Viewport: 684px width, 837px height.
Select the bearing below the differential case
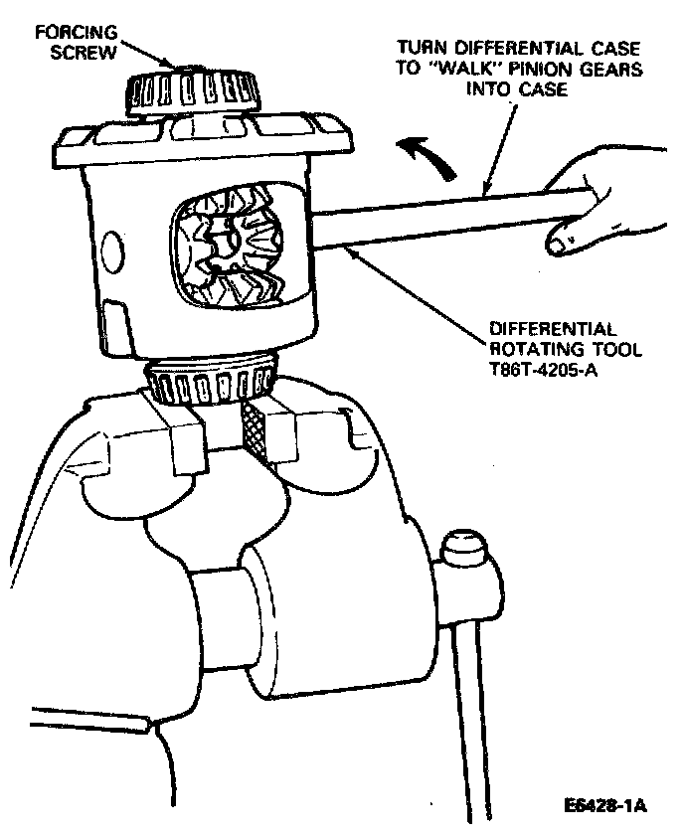click(x=211, y=381)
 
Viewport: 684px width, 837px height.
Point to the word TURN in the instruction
click(x=421, y=48)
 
